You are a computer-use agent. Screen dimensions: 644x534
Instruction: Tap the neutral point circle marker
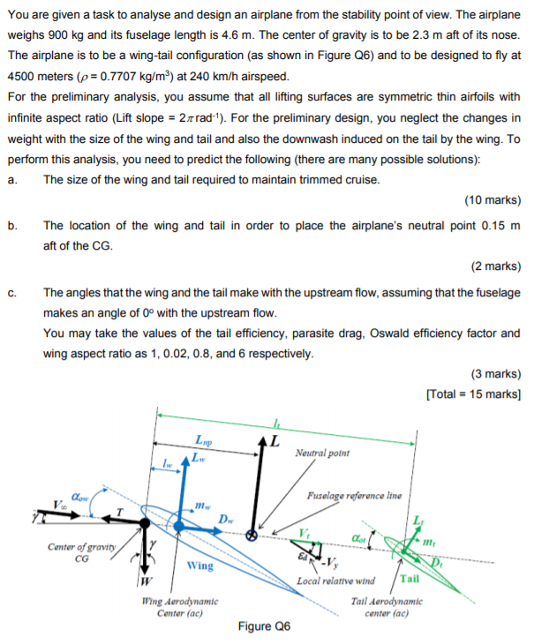tap(252, 534)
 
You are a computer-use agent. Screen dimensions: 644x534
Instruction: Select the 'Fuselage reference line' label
tap(356, 497)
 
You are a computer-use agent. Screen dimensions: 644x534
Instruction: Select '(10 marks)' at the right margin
tap(492, 198)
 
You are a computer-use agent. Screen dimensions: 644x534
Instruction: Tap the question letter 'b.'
tap(12, 225)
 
